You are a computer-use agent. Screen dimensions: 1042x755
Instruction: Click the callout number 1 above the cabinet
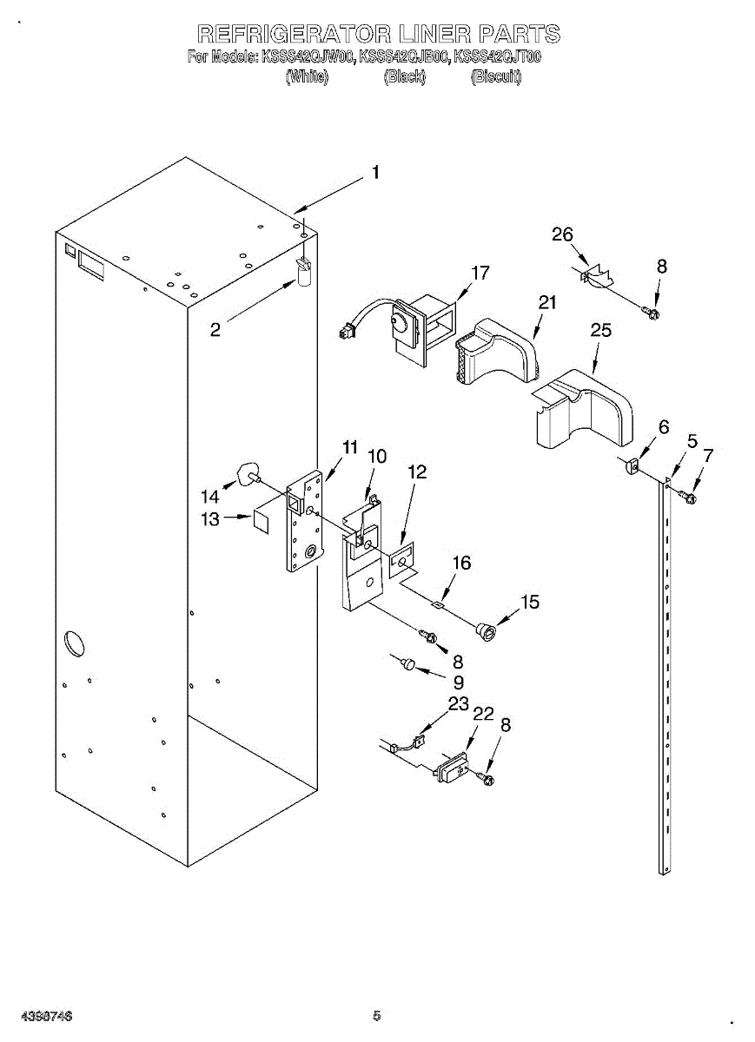pyautogui.click(x=375, y=173)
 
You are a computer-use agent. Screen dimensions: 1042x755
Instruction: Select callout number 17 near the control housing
pyautogui.click(x=480, y=273)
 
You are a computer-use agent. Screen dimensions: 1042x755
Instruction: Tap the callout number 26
pyautogui.click(x=563, y=234)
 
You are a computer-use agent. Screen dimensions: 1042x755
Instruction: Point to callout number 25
pyautogui.click(x=600, y=331)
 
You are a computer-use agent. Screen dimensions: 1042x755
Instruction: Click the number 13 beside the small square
pyautogui.click(x=211, y=519)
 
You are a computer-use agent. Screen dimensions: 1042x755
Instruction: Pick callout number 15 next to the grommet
pyautogui.click(x=529, y=602)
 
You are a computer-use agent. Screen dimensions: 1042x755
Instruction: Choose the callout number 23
pyautogui.click(x=458, y=703)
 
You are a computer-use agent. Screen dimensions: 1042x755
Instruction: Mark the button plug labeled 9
pyautogui.click(x=407, y=664)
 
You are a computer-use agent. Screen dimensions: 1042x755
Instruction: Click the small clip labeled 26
pyautogui.click(x=595, y=278)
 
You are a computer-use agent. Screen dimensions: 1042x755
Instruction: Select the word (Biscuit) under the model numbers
pyautogui.click(x=496, y=77)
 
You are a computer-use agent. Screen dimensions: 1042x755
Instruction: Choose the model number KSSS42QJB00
pyautogui.click(x=404, y=58)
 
